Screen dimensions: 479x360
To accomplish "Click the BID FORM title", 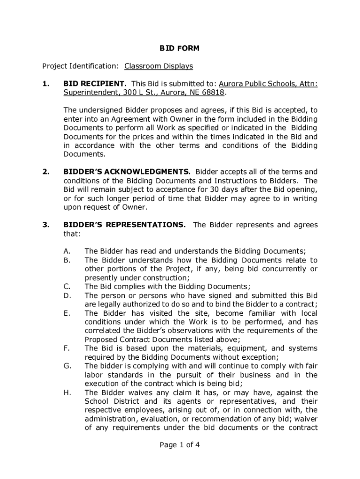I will pyautogui.click(x=180, y=48).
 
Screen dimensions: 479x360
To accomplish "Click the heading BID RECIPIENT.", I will pyautogui.click(x=95, y=84).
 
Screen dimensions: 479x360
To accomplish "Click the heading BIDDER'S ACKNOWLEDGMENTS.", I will pyautogui.click(x=127, y=172).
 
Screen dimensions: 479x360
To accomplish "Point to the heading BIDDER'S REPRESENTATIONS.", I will pyautogui.click(x=124, y=225).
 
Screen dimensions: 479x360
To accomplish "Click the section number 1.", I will pyautogui.click(x=45, y=84).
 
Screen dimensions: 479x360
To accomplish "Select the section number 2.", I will pyautogui.click(x=45, y=172).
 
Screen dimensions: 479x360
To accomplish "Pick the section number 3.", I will pyautogui.click(x=45, y=225).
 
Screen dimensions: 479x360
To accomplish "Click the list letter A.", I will pyautogui.click(x=67, y=251).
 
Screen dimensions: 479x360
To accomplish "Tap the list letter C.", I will pyautogui.click(x=67, y=286).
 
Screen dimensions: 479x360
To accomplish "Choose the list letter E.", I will pyautogui.click(x=67, y=313).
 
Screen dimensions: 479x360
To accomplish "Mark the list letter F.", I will pyautogui.click(x=67, y=348).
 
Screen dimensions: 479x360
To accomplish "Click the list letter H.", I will pyautogui.click(x=67, y=392).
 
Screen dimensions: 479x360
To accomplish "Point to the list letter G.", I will pyautogui.click(x=67, y=366).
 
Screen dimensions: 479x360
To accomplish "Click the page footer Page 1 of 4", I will pyautogui.click(x=180, y=445).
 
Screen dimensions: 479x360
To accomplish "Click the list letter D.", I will pyautogui.click(x=67, y=295).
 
